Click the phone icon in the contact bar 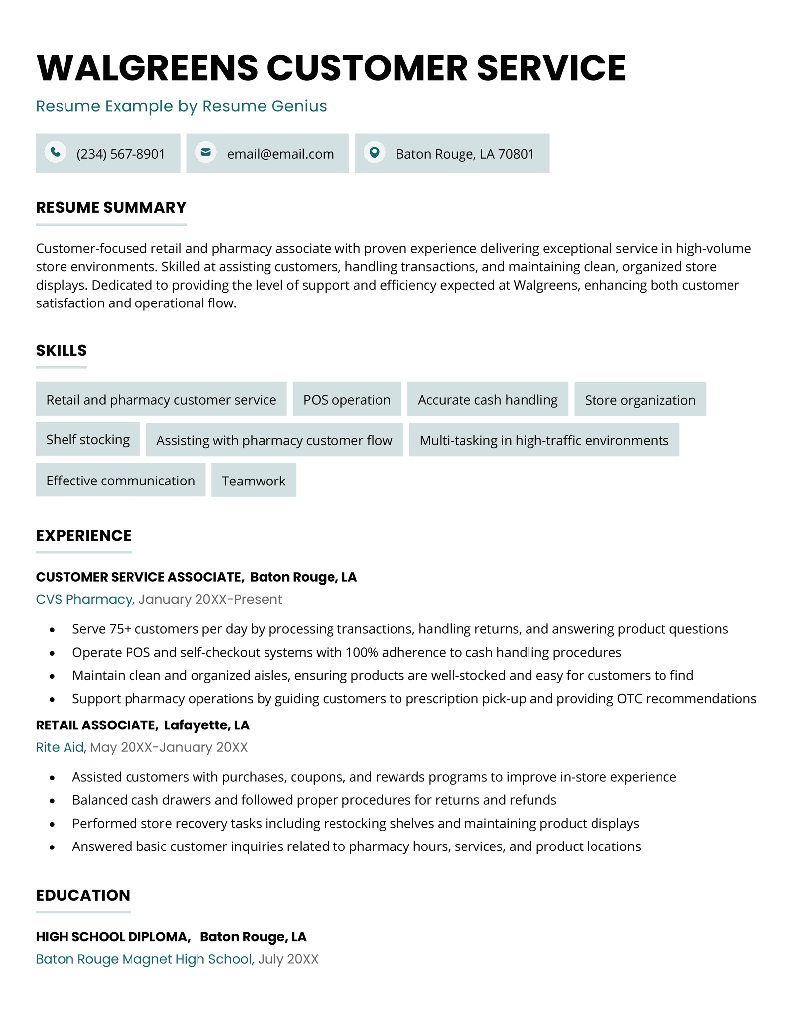(x=56, y=152)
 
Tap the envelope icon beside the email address (x=205, y=152)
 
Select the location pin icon (x=375, y=152)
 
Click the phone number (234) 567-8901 (x=121, y=154)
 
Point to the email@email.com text (x=280, y=154)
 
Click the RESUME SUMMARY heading (x=111, y=207)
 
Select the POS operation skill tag (x=346, y=400)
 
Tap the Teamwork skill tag (x=254, y=481)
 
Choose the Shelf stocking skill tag (x=88, y=440)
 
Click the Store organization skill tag (x=640, y=400)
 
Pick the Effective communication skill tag (x=121, y=481)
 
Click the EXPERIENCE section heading (x=84, y=536)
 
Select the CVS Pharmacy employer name (x=85, y=599)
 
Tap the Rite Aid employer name (x=61, y=747)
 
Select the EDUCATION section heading (x=83, y=895)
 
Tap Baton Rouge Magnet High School (x=144, y=959)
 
